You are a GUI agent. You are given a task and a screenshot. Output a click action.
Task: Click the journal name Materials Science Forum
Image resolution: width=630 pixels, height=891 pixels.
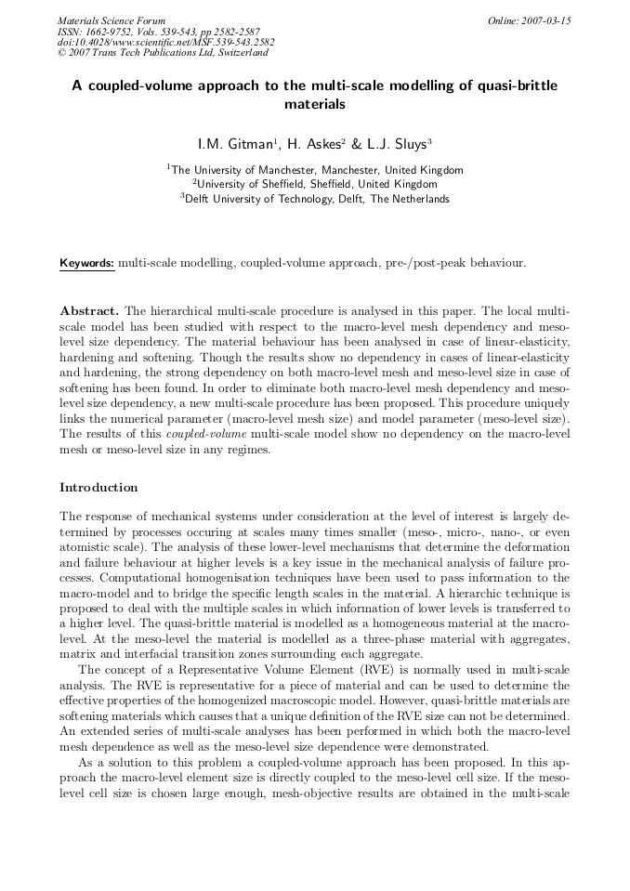pyautogui.click(x=112, y=20)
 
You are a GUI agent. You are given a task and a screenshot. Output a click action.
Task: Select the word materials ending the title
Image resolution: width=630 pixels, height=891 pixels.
pyautogui.click(x=314, y=104)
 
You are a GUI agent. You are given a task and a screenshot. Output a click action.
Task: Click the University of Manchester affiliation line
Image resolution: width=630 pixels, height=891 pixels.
pyautogui.click(x=315, y=170)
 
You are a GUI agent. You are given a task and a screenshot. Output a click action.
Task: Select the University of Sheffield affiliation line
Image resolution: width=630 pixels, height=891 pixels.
pyautogui.click(x=315, y=184)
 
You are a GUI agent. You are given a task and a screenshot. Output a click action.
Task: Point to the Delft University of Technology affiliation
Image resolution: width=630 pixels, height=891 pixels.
pyautogui.click(x=315, y=198)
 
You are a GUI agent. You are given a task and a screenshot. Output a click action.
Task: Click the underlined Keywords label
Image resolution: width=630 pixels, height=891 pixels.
pyautogui.click(x=87, y=263)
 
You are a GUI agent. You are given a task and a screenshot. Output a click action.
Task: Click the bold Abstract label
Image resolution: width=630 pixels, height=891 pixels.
pyautogui.click(x=89, y=309)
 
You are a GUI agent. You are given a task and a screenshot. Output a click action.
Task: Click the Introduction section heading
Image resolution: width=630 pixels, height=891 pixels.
pyautogui.click(x=98, y=487)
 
